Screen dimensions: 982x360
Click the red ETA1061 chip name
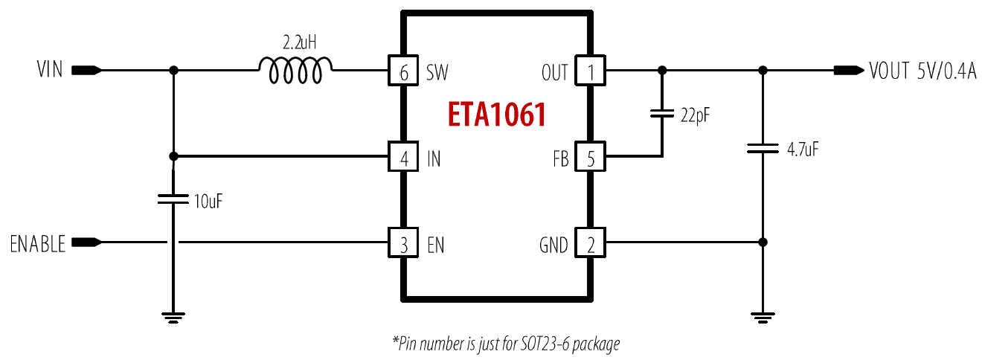pyautogui.click(x=496, y=115)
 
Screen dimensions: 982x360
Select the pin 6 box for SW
pyautogui.click(x=403, y=70)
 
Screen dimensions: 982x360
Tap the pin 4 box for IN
pyautogui.click(x=403, y=156)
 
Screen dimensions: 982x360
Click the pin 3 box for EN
pyautogui.click(x=403, y=242)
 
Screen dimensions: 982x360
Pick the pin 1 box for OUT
pyautogui.click(x=590, y=70)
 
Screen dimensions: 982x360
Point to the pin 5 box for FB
pyautogui.click(x=590, y=156)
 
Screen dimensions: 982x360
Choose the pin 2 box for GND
pyautogui.click(x=590, y=242)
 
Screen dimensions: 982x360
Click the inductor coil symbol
pyautogui.click(x=295, y=70)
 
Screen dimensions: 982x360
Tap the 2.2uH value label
pyautogui.click(x=299, y=42)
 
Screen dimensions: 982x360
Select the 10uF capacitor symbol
pyautogui.click(x=173, y=199)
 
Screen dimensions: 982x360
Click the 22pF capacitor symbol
pyautogui.click(x=662, y=114)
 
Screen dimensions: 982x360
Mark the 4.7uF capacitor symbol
pyautogui.click(x=763, y=148)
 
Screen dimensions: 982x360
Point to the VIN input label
pyautogui.click(x=50, y=70)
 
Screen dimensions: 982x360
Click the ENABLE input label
pyautogui.click(x=38, y=244)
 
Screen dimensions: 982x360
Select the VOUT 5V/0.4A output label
pyautogui.click(x=922, y=71)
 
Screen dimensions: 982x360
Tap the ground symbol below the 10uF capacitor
pyautogui.click(x=173, y=318)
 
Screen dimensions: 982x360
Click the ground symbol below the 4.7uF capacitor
pyautogui.click(x=763, y=318)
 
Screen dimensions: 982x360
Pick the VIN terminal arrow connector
pyautogui.click(x=87, y=70)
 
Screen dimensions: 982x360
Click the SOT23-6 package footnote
pyautogui.click(x=506, y=344)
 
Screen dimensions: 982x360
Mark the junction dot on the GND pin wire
pyautogui.click(x=763, y=242)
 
